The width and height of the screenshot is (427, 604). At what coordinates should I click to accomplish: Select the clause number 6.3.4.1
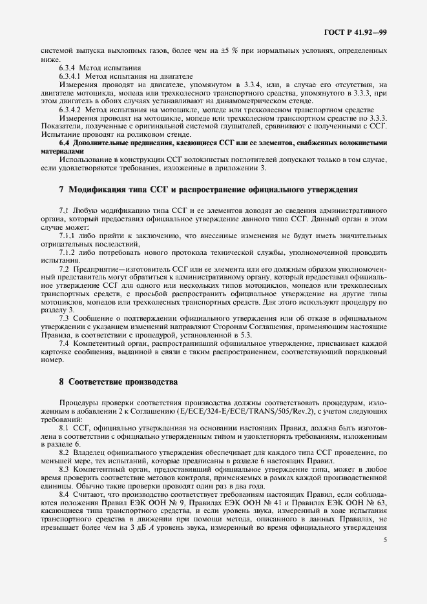[72, 75]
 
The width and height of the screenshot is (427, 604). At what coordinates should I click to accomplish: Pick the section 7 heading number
[61, 190]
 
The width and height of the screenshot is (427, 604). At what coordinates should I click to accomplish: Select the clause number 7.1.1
[67, 237]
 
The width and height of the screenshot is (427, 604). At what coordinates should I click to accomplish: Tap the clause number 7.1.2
[67, 253]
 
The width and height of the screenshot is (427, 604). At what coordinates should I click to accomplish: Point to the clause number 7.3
[65, 317]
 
